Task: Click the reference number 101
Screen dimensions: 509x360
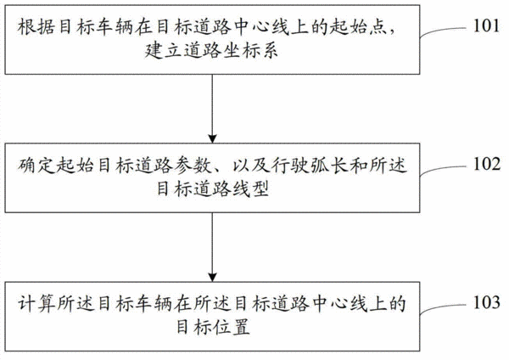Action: pos(486,25)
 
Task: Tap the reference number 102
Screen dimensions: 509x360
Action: pos(486,164)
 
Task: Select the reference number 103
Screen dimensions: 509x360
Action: pos(486,302)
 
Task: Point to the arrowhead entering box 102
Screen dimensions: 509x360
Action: pos(212,139)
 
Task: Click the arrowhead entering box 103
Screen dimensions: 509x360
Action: pos(212,278)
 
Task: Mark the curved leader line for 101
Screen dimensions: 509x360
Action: pos(443,31)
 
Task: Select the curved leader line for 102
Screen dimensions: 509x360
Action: pos(443,169)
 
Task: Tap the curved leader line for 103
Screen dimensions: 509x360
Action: pos(443,307)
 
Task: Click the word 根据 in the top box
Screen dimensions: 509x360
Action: pos(36,26)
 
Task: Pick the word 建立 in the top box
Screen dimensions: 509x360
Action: pos(163,51)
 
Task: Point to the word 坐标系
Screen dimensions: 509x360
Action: pos(250,51)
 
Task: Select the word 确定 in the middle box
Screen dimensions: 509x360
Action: pos(36,165)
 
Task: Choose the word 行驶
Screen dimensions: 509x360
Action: pos(289,165)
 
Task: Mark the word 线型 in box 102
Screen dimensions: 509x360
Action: pos(250,189)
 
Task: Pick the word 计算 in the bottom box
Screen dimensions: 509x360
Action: pos(36,303)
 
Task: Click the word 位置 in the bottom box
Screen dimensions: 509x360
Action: pos(232,328)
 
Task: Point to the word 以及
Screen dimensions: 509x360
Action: pos(250,165)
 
